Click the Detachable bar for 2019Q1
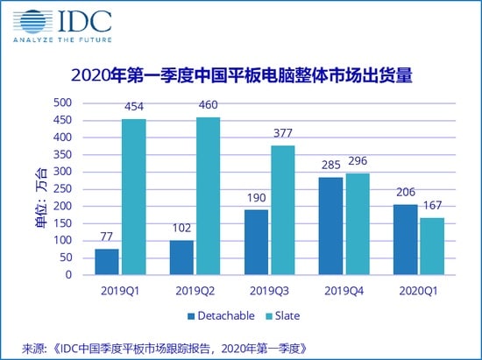pyautogui.click(x=107, y=261)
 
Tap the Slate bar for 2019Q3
pyautogui.click(x=282, y=210)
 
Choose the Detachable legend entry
pyautogui.click(x=214, y=313)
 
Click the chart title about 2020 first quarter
pyautogui.click(x=240, y=76)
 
